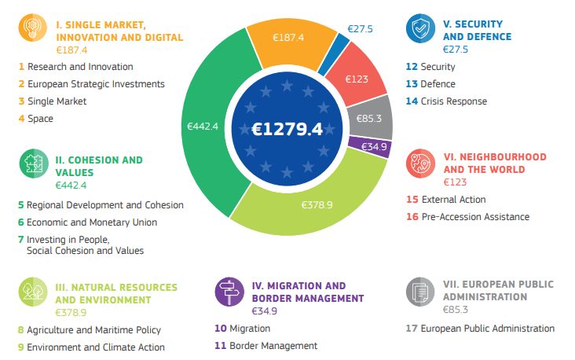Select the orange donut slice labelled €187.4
pos(288,37)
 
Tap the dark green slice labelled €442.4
pos(203,126)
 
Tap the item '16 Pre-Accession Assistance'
pos(467,217)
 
